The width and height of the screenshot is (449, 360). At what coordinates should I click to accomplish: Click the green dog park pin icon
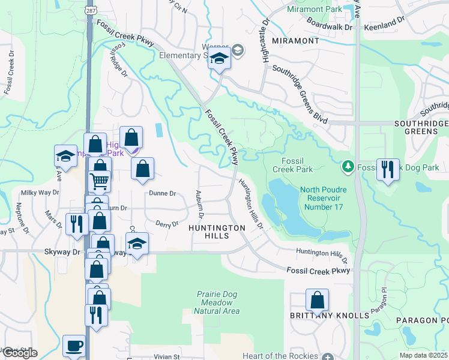point(348,166)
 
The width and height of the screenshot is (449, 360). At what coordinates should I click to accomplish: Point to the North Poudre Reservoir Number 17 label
point(324,198)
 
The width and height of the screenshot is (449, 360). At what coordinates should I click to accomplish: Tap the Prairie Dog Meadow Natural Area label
point(217,302)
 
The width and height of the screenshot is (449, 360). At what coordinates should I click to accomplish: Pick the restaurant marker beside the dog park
point(388,169)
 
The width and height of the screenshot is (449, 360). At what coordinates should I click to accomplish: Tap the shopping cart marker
point(99,180)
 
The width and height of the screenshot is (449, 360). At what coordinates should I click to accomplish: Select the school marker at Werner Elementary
point(220,60)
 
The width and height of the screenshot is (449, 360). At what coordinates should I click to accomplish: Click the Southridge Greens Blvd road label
point(300,95)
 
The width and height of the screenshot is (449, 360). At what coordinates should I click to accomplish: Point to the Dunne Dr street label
point(163,194)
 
